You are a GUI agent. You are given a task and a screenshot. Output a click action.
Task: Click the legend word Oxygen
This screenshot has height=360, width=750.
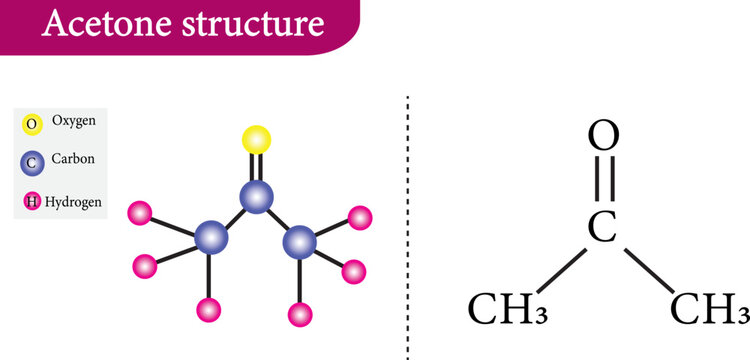click(x=73, y=121)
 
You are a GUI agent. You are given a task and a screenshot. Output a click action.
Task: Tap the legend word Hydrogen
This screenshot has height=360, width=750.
click(x=73, y=201)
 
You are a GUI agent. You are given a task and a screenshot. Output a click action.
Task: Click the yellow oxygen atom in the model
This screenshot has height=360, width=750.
click(x=257, y=139)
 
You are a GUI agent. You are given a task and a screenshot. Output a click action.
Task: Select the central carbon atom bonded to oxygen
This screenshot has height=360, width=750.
click(x=257, y=197)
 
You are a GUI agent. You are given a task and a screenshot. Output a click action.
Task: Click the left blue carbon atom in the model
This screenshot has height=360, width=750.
click(x=211, y=238)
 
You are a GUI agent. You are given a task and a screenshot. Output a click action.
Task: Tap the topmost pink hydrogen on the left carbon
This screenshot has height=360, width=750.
click(x=140, y=213)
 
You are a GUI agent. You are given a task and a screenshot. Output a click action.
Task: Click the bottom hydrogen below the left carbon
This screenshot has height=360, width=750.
click(x=209, y=310)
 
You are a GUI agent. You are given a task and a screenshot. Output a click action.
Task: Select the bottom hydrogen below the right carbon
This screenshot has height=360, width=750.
click(x=300, y=314)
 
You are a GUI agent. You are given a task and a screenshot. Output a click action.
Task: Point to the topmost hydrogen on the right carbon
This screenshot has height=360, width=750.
click(x=359, y=217)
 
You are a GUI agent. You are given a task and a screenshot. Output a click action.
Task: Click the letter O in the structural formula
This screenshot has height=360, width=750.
click(x=600, y=135)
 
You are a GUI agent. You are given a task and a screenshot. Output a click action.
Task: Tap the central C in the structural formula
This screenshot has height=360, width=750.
click(x=600, y=228)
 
